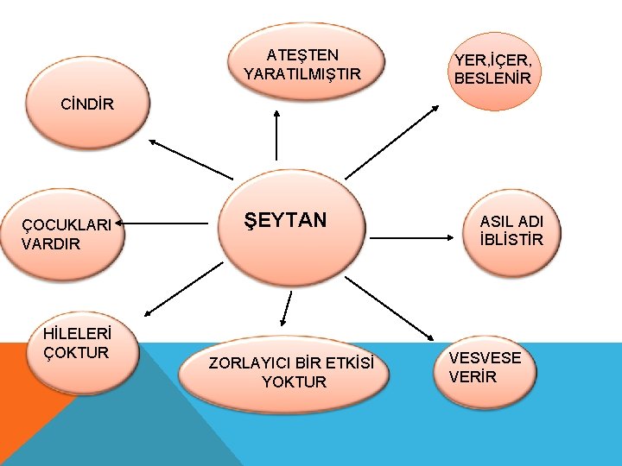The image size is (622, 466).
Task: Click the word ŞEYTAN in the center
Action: click(285, 220)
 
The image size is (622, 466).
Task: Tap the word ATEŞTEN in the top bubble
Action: click(302, 55)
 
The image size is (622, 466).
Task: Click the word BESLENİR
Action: click(492, 79)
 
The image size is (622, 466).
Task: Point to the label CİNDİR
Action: click(87, 105)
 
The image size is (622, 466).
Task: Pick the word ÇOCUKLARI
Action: click(67, 225)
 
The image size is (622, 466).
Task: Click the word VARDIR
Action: click(51, 243)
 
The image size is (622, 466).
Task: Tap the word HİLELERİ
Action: click(75, 334)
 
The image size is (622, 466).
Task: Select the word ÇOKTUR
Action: click(76, 352)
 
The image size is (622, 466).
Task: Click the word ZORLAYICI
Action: click(247, 363)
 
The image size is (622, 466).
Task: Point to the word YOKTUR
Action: click(295, 381)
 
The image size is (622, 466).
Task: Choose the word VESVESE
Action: click(486, 358)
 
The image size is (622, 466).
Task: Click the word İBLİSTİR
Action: click(511, 239)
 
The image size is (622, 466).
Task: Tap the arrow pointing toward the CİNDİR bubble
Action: click(191, 160)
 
